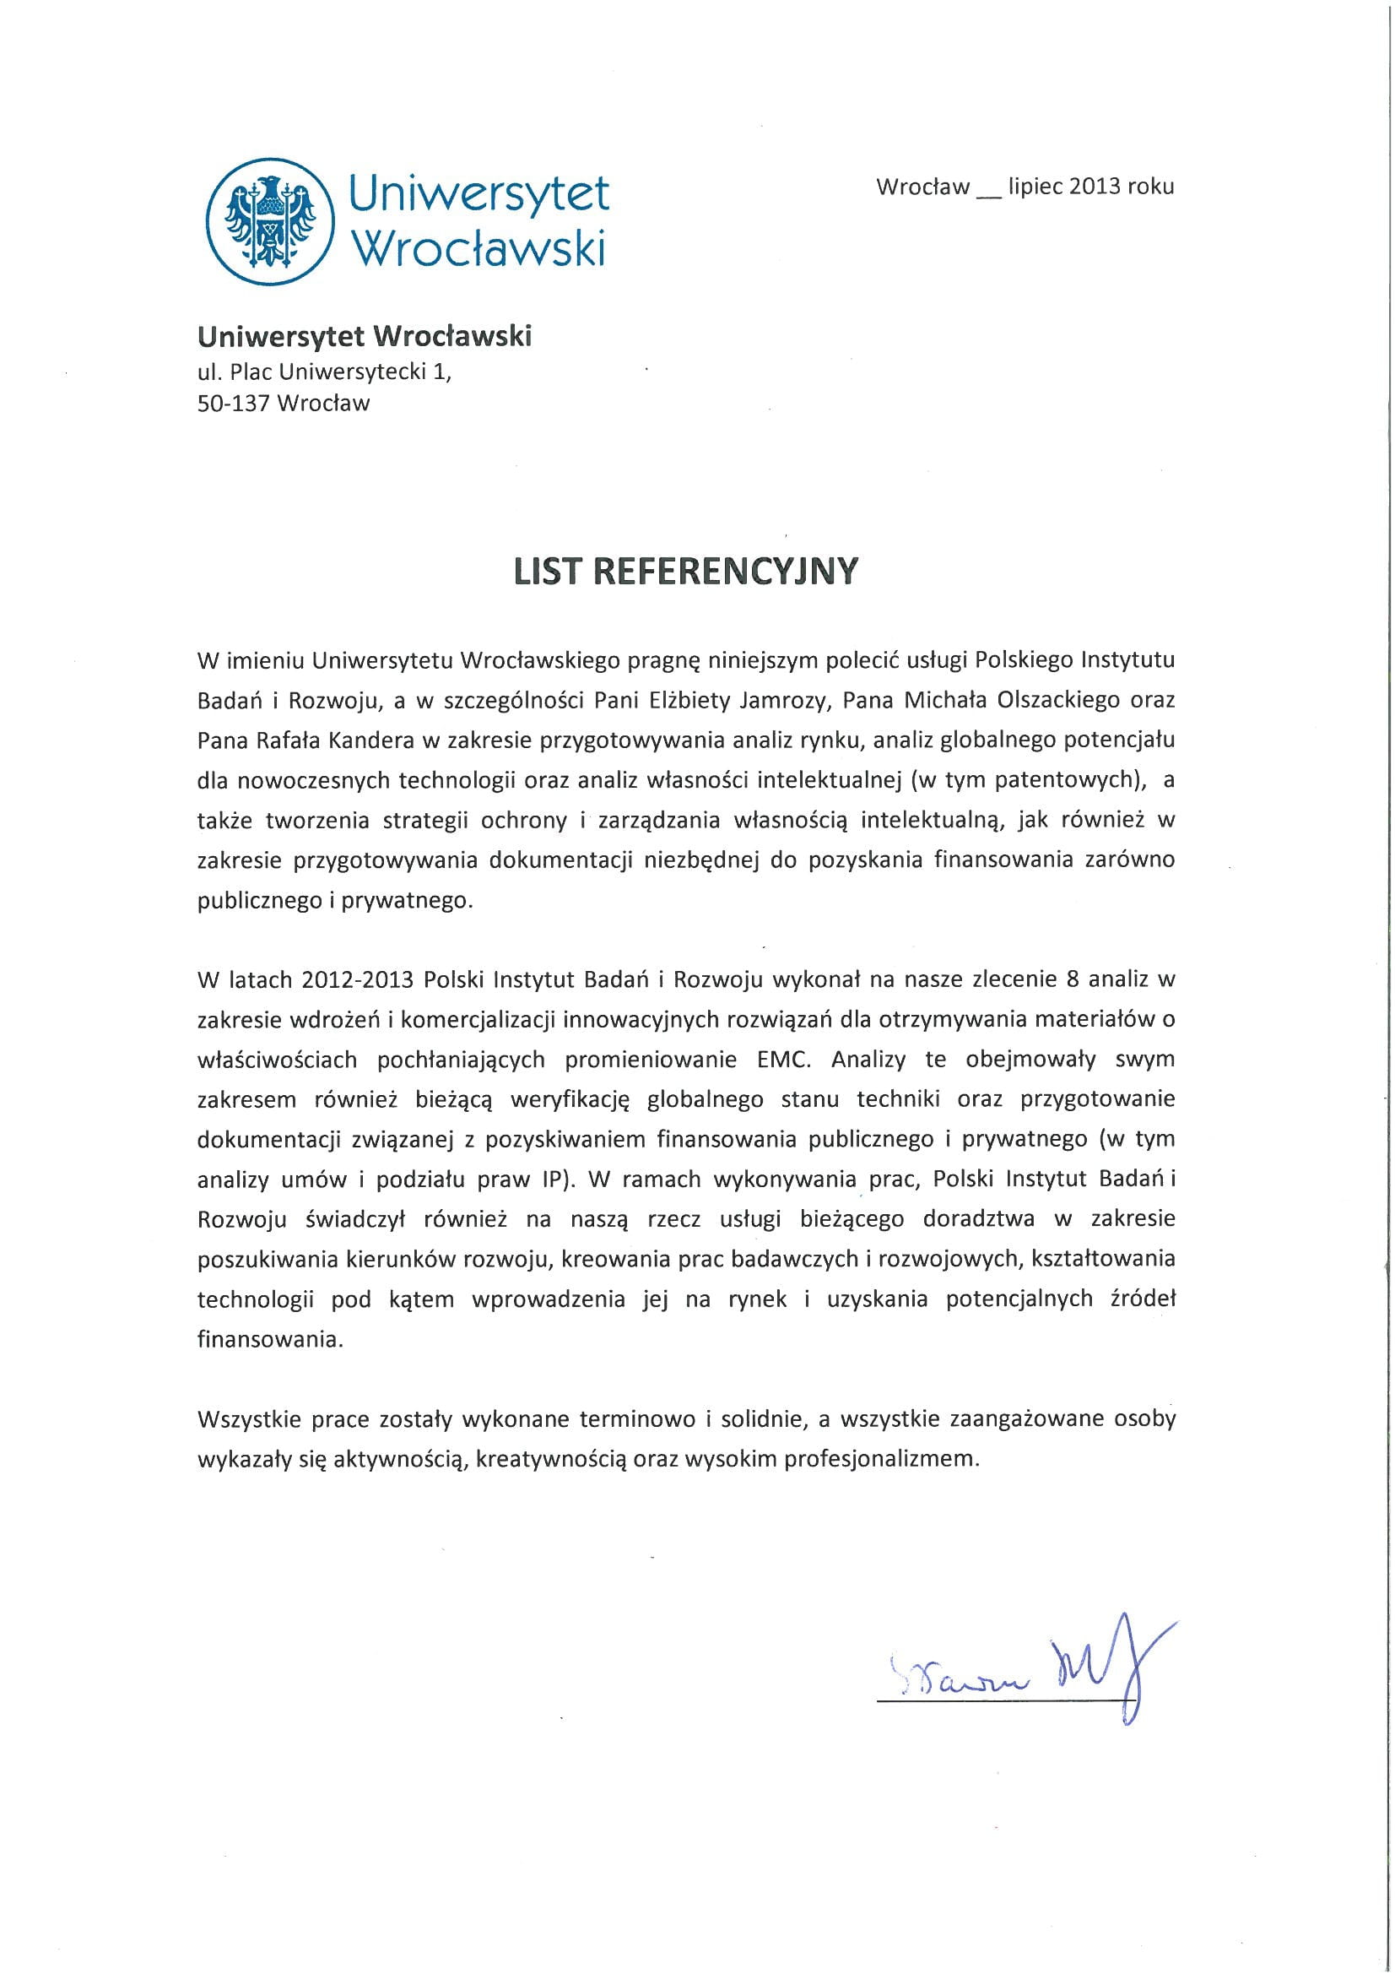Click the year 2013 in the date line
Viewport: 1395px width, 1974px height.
pyautogui.click(x=1095, y=187)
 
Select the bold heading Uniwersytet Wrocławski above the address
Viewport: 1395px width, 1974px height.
pyautogui.click(x=365, y=335)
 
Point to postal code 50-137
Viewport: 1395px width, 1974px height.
pyautogui.click(x=234, y=404)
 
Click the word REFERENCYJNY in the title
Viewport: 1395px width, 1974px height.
pyautogui.click(x=726, y=571)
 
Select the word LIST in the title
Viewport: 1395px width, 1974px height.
pyautogui.click(x=548, y=571)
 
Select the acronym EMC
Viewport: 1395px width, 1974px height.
pyautogui.click(x=783, y=1060)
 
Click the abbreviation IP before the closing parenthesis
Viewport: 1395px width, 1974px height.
pyautogui.click(x=551, y=1179)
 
